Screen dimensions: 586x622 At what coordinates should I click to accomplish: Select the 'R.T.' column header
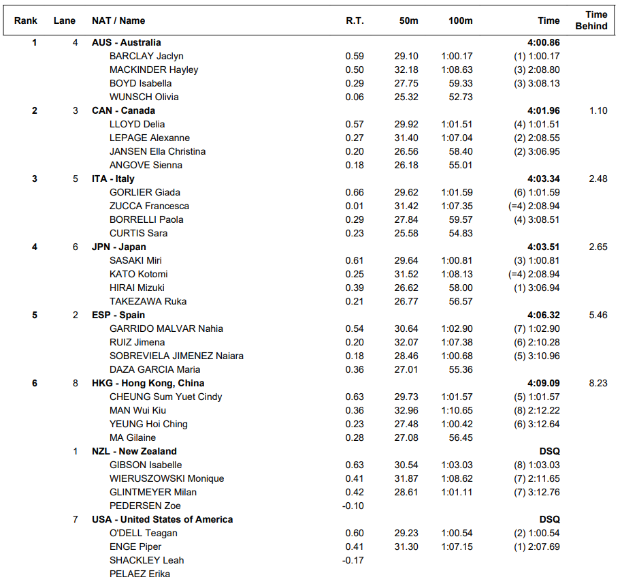[x=355, y=20]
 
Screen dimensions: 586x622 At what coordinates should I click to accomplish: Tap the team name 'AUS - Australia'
[x=127, y=42]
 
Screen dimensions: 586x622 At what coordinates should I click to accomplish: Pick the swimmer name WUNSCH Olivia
[x=144, y=97]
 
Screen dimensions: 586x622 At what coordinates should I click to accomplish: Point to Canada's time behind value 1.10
[x=598, y=110]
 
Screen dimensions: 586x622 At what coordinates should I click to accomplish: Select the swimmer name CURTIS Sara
[x=138, y=233]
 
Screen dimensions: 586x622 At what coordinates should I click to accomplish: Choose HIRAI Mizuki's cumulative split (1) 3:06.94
[x=537, y=288]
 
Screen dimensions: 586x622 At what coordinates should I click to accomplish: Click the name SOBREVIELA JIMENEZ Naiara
[x=176, y=356]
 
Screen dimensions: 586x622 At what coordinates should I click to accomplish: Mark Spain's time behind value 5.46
[x=598, y=315]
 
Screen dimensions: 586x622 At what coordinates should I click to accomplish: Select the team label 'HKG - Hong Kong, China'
[x=148, y=383]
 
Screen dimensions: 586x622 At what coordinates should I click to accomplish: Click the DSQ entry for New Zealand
[x=549, y=451]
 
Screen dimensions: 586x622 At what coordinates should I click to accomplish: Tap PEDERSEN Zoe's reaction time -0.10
[x=353, y=506]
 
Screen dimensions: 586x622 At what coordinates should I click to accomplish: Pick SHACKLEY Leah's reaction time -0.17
[x=353, y=560]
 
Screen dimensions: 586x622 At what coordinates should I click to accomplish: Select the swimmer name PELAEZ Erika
[x=140, y=574]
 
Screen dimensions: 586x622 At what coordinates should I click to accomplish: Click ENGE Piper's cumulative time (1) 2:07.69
[x=537, y=546]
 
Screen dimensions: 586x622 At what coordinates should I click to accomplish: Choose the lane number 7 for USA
[x=76, y=519]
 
